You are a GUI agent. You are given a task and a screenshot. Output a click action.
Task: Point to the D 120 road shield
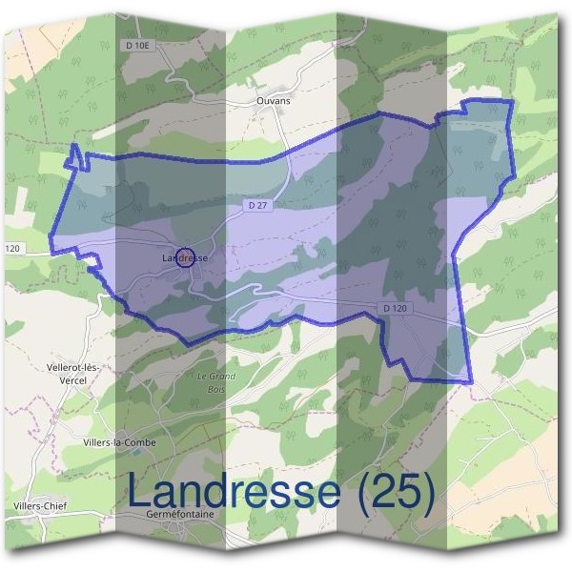pos(395,308)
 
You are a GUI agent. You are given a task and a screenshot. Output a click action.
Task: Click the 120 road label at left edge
pos(12,249)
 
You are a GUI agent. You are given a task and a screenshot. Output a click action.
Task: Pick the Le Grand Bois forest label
pos(215,381)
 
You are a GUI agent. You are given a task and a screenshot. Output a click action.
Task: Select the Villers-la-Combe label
pos(119,442)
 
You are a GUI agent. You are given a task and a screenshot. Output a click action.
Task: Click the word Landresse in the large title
pos(234,493)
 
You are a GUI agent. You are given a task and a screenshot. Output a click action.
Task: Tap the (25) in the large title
pos(393,493)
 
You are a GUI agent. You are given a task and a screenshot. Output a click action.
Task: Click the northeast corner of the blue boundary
pos(513,100)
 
